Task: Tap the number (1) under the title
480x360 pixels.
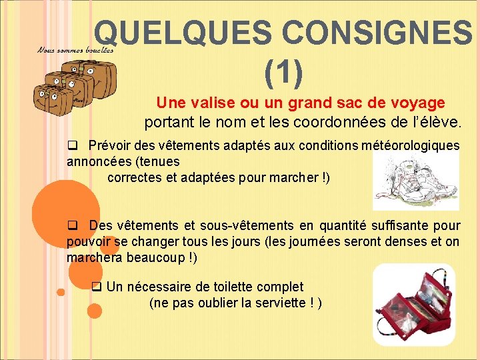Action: click(283, 72)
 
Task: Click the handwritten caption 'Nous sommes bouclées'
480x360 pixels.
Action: click(75, 49)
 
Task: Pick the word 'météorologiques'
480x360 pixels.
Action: click(410, 146)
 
